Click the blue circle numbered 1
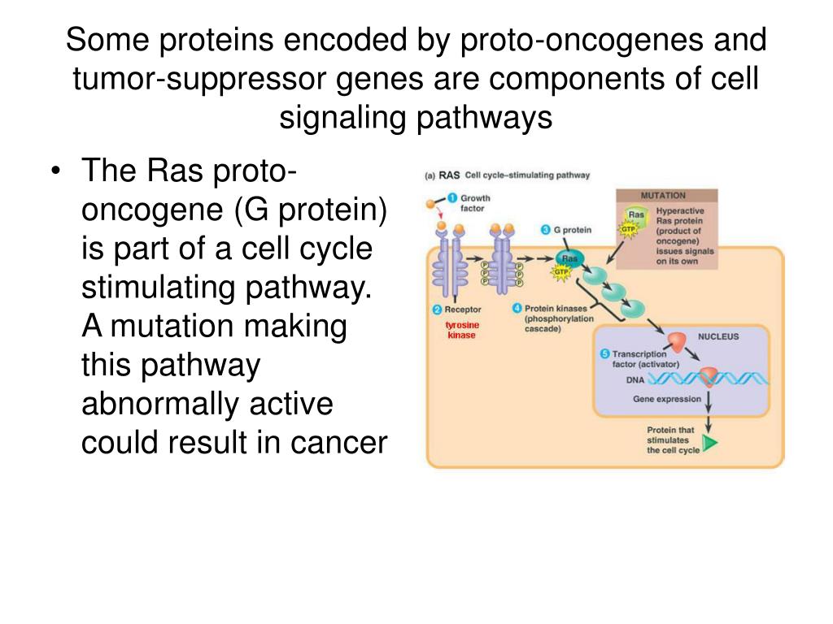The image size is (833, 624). point(452,197)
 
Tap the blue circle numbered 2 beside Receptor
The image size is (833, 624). point(437,310)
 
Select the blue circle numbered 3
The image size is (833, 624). point(545,230)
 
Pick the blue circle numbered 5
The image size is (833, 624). point(604,353)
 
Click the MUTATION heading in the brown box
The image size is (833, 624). point(663,195)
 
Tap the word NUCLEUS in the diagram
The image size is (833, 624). point(717,336)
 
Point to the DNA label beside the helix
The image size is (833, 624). point(635,379)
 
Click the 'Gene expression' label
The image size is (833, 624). point(666,399)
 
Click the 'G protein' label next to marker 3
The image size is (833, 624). point(572,230)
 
